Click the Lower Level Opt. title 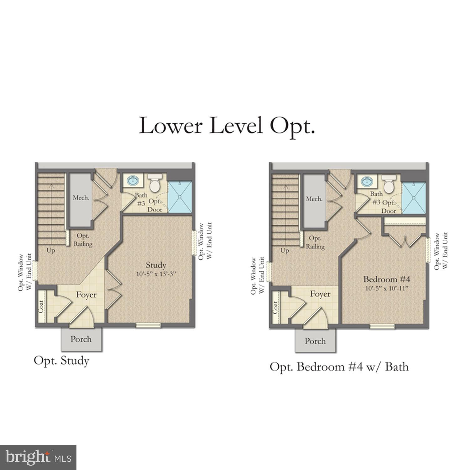pos(227,126)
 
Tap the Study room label pos(156,265)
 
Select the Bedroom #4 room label pos(387,279)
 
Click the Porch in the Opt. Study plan pos(81,339)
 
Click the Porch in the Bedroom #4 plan pos(315,341)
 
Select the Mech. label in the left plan pos(81,198)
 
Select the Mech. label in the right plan pos(314,199)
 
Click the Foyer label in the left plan pos(86,295)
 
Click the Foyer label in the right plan pos(320,294)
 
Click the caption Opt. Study pos(61,361)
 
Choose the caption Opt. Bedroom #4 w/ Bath pos(339,367)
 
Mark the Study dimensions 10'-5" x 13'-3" pos(156,274)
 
